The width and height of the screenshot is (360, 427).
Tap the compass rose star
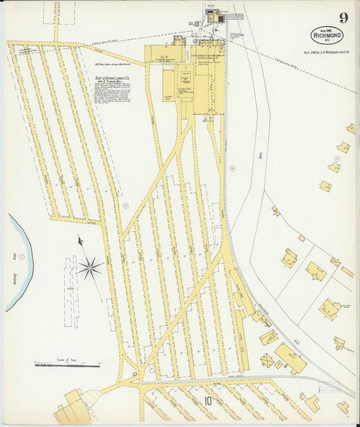89,268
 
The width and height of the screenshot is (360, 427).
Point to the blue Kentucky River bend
20,263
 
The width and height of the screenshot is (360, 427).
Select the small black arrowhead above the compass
80,240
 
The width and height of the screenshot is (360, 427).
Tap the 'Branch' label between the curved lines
259,154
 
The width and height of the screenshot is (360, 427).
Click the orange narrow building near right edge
347,272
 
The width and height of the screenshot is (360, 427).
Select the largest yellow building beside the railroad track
289,357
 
